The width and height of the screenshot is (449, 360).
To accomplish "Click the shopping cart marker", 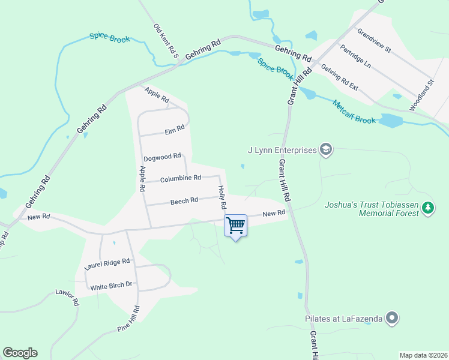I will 235,226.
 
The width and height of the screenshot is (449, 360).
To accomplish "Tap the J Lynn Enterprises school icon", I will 325,149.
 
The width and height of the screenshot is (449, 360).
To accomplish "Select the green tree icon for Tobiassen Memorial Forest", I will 427,208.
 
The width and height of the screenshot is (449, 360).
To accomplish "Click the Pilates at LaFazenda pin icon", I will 392,318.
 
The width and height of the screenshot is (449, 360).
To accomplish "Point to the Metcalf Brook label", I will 354,112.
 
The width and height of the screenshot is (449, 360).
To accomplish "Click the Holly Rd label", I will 222,197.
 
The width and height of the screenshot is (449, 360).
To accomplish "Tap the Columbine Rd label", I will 180,178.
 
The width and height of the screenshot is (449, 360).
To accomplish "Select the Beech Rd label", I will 184,201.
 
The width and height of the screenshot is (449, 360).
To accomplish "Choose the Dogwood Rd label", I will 162,156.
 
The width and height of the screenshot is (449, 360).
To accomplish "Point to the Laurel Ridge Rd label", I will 107,262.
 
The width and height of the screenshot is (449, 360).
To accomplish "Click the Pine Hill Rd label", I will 129,320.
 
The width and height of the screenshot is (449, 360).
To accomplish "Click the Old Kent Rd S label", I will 166,40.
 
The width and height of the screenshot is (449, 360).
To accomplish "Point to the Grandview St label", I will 374,40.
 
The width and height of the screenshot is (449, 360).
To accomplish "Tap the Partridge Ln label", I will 356,56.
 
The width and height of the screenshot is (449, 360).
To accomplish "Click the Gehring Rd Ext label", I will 339,77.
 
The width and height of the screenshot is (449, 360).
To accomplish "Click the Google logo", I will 20,353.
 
